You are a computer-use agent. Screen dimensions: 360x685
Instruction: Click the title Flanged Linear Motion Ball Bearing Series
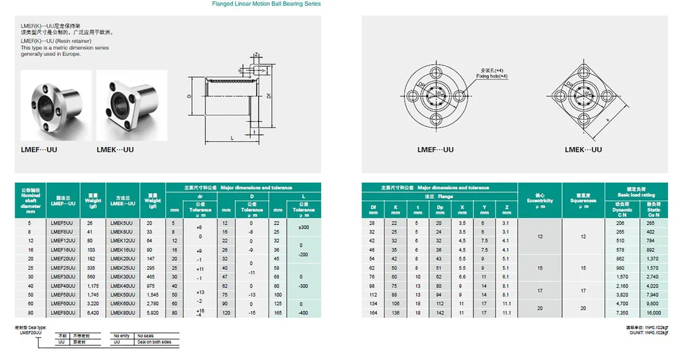click(265, 4)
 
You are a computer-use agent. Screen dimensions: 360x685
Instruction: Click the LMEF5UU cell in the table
click(62, 223)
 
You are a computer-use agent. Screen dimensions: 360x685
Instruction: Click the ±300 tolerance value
click(304, 227)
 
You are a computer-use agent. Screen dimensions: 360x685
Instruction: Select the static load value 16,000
click(653, 312)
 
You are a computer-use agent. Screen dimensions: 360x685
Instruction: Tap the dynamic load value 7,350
click(622, 312)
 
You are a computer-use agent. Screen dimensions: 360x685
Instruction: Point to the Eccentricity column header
click(540, 197)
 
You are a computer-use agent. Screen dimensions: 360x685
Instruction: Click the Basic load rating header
click(636, 192)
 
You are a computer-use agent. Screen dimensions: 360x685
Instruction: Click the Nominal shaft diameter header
click(30, 201)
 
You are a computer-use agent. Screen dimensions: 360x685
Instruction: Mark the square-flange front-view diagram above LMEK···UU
click(583, 97)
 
